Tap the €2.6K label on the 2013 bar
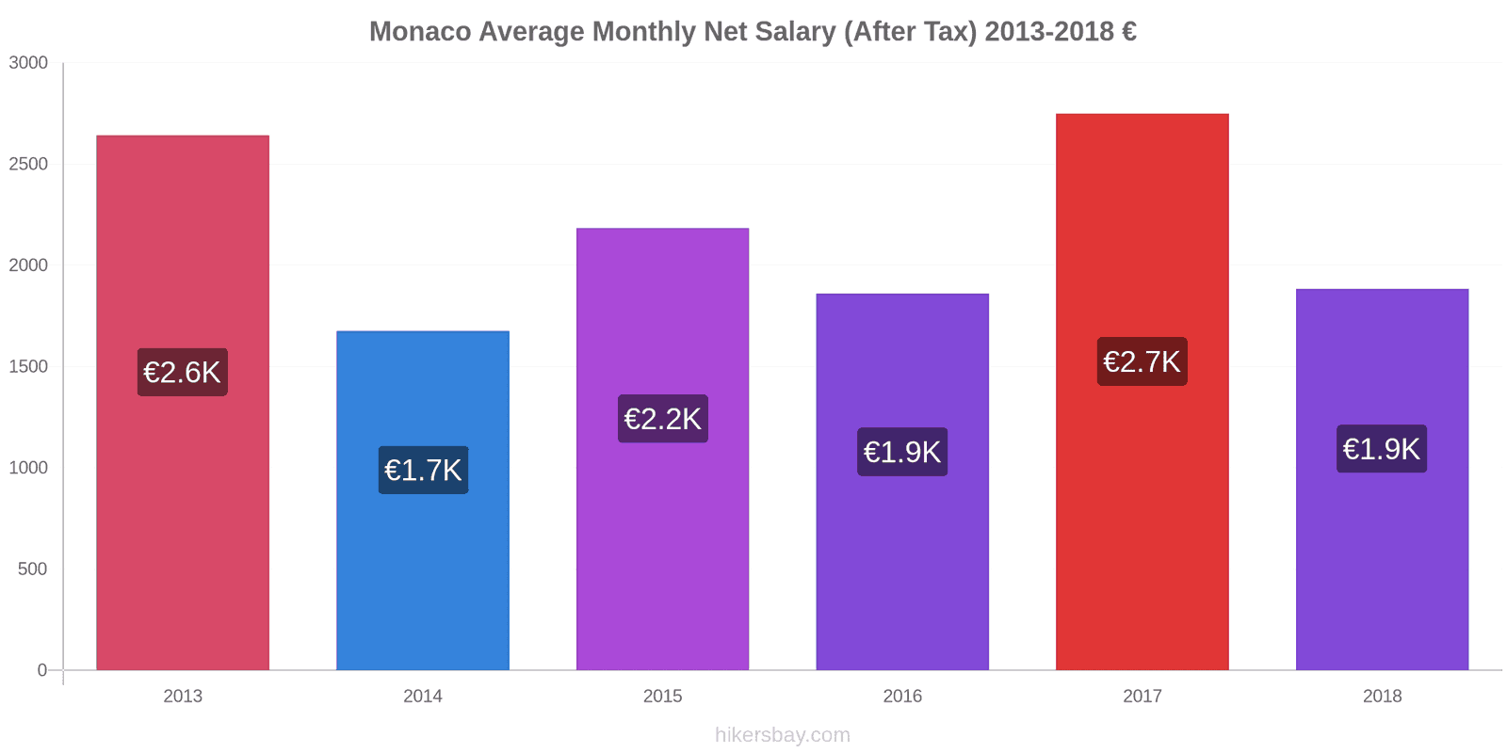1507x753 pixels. (x=183, y=372)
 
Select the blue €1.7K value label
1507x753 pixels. (x=423, y=470)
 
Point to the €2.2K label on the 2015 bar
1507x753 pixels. (x=662, y=419)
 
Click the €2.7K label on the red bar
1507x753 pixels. (x=1142, y=361)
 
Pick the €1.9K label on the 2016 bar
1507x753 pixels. (x=902, y=452)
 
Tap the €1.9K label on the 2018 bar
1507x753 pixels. (x=1382, y=449)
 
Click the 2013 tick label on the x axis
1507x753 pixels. (x=183, y=696)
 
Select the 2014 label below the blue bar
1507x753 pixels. (x=423, y=696)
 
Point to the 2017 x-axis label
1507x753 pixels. (x=1142, y=696)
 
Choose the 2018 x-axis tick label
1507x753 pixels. (x=1382, y=696)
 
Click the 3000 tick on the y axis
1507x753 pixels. (x=28, y=63)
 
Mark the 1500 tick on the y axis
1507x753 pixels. (x=28, y=366)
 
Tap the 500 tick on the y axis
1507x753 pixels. (x=32, y=569)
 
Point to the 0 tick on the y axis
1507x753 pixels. (x=42, y=670)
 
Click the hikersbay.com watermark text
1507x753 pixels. (x=782, y=734)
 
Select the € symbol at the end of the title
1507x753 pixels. (x=1128, y=31)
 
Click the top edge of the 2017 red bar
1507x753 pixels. (x=1142, y=115)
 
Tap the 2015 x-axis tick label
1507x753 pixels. (x=662, y=696)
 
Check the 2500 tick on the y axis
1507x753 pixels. (x=28, y=164)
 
